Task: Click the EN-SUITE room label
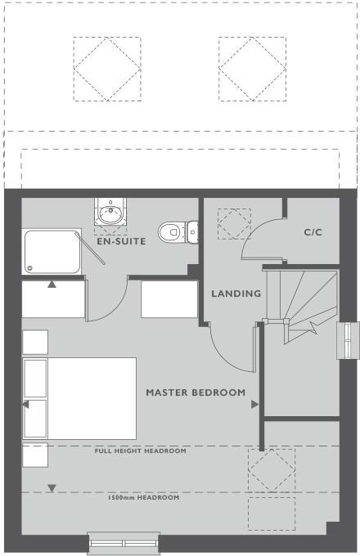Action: pos(121,242)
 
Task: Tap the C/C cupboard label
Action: pos(313,232)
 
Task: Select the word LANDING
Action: pos(236,294)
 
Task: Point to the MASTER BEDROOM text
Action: pos(196,392)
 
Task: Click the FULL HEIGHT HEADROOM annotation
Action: pos(140,451)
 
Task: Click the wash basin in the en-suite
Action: pos(108,214)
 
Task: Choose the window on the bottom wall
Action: pos(124,543)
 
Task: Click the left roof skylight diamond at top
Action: pos(107,68)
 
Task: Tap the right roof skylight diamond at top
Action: pos(253,68)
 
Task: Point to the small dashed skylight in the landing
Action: pos(234,223)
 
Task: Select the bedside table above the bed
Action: pos(35,342)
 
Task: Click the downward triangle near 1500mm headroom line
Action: pos(52,489)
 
